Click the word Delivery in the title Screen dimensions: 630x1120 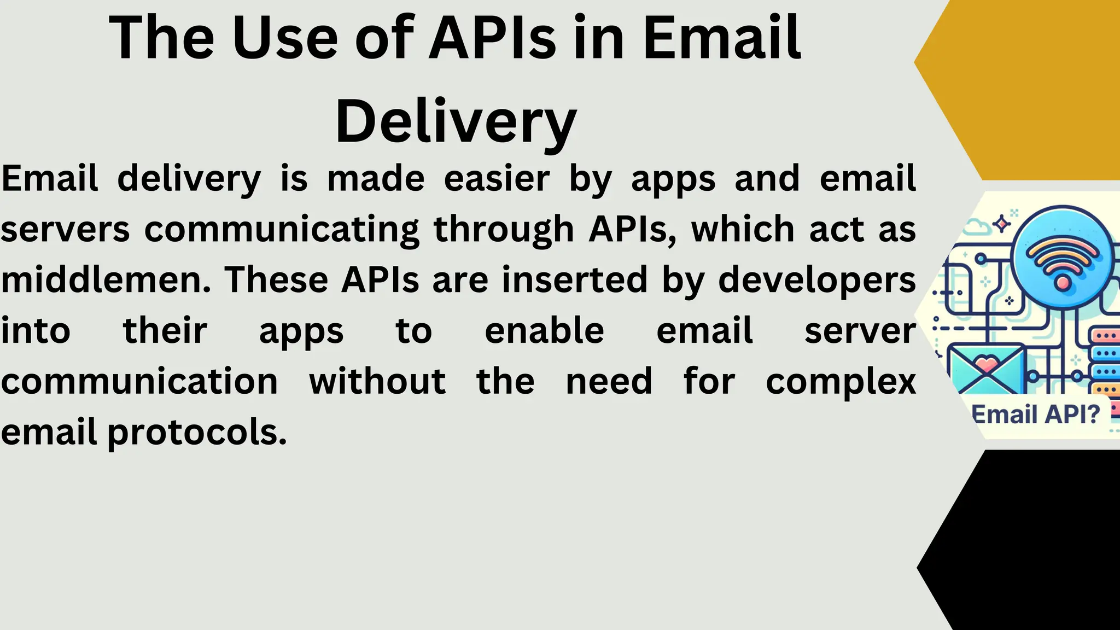(x=456, y=121)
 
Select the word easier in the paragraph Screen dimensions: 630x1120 (x=497, y=178)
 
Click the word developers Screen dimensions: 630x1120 (x=816, y=279)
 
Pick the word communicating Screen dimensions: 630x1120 (x=282, y=230)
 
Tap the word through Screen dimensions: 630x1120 (x=504, y=230)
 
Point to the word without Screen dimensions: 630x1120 (x=377, y=381)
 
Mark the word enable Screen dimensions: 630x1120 (x=544, y=331)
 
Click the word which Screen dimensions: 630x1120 (x=743, y=229)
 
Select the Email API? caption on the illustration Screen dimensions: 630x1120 (x=1036, y=414)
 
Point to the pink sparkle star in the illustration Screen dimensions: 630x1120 (x=1001, y=224)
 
